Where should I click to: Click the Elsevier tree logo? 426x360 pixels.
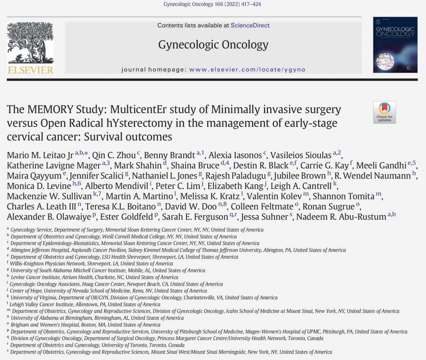(x=30, y=43)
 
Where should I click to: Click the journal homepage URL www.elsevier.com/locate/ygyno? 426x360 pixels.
(x=247, y=70)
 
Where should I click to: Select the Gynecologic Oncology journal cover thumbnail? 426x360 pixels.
(x=395, y=45)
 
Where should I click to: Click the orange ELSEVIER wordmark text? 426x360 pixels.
(x=30, y=70)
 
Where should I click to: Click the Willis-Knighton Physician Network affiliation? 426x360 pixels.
(x=91, y=264)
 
